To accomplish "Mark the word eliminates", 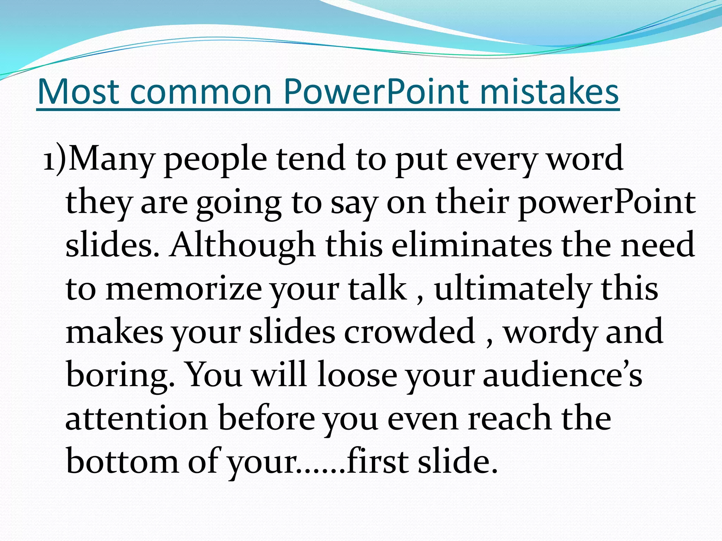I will point(471,245).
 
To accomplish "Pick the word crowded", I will point(409,332).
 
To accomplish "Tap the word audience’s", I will point(562,375).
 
